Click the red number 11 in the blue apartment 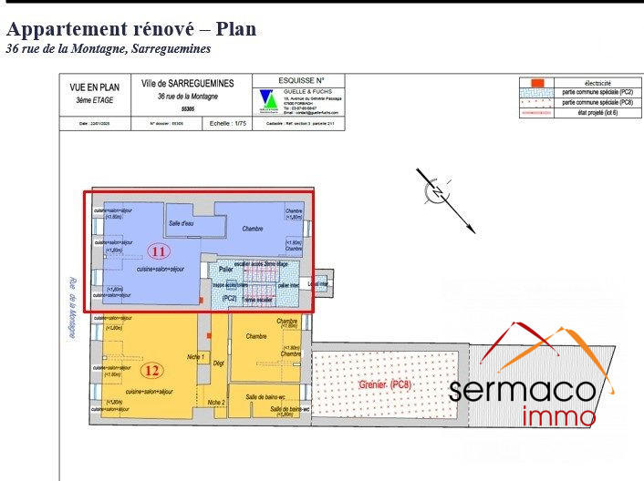click(x=159, y=251)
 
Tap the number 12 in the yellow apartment click(x=152, y=370)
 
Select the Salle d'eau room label click(x=181, y=223)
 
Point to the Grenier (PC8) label click(x=385, y=385)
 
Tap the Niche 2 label click(x=215, y=402)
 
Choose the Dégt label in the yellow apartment click(x=219, y=363)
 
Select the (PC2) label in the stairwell click(x=230, y=298)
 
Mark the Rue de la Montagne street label click(x=70, y=309)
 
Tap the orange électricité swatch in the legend click(x=538, y=83)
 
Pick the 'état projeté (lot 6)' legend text click(x=597, y=113)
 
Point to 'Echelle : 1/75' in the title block click(x=228, y=122)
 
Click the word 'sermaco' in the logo click(x=524, y=390)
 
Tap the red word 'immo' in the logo click(x=559, y=417)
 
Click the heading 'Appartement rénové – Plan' click(x=131, y=29)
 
